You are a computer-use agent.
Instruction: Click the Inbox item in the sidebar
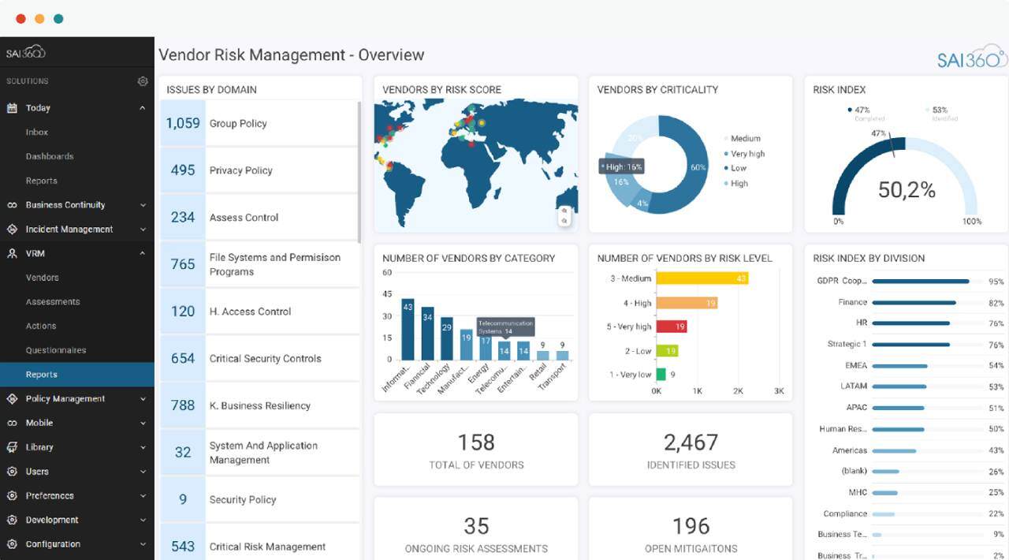(37, 133)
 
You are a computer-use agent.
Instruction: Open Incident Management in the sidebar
(69, 230)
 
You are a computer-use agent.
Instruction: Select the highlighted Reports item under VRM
(41, 375)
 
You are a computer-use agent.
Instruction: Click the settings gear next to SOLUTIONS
(143, 81)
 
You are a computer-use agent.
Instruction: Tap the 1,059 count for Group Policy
(183, 124)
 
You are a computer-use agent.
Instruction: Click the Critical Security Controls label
(265, 359)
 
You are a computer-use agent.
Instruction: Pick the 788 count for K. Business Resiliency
(183, 405)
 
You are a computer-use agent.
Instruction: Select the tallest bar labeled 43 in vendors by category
(408, 330)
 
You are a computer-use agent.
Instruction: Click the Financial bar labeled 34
(427, 334)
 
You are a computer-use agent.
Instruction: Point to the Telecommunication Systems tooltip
(504, 327)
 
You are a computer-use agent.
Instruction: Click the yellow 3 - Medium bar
(702, 278)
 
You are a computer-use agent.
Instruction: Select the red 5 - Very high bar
(671, 327)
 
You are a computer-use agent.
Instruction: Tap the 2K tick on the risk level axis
(738, 391)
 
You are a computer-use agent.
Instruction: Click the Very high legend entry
(747, 154)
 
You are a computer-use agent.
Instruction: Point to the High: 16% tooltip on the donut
(622, 166)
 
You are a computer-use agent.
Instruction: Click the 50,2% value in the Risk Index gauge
(907, 189)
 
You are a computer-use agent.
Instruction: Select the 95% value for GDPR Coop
(996, 282)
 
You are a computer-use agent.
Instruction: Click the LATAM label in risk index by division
(854, 386)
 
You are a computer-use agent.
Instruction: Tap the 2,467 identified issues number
(691, 442)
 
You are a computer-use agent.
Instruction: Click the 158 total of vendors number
(475, 442)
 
